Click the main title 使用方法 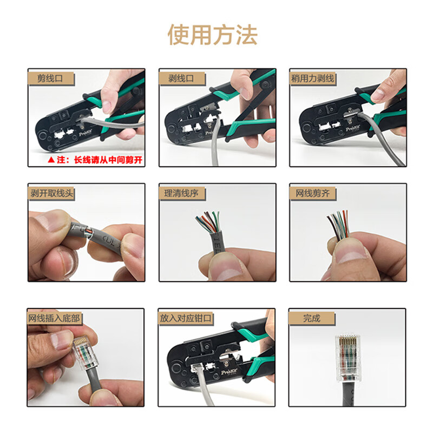pyautogui.click(x=212, y=35)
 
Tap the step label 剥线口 pyautogui.click(x=177, y=78)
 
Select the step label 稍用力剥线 pyautogui.click(x=313, y=78)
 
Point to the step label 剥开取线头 pyautogui.click(x=52, y=193)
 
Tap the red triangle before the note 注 pyautogui.click(x=51, y=160)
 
